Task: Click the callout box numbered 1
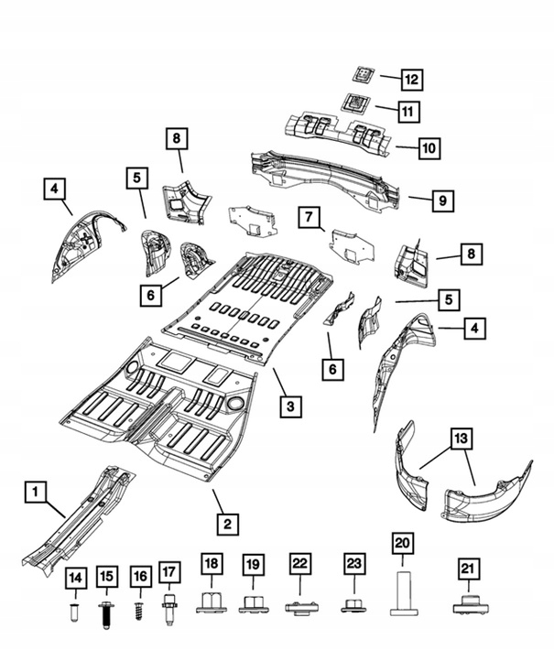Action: pos(35,493)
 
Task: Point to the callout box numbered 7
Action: pos(310,217)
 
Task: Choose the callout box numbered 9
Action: pos(441,198)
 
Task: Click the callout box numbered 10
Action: pos(429,146)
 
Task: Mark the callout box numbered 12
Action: pos(411,80)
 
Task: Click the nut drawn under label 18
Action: pos(212,602)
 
